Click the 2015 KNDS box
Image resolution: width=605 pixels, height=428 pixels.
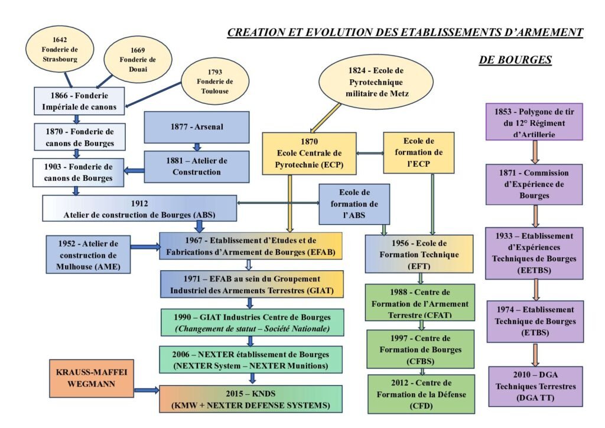pos(251,398)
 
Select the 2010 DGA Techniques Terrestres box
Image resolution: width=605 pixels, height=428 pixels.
pos(535,386)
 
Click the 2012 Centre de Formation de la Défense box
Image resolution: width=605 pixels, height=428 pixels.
pos(421,394)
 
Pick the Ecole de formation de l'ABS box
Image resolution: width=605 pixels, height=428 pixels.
pos(354,204)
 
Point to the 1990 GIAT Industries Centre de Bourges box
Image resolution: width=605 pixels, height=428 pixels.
pos(251,322)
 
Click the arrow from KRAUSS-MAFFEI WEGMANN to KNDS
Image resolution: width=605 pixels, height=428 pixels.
pos(147,391)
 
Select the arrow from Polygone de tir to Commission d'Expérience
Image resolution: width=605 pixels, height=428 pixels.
pos(535,152)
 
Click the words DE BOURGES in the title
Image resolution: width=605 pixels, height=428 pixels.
pos(514,60)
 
